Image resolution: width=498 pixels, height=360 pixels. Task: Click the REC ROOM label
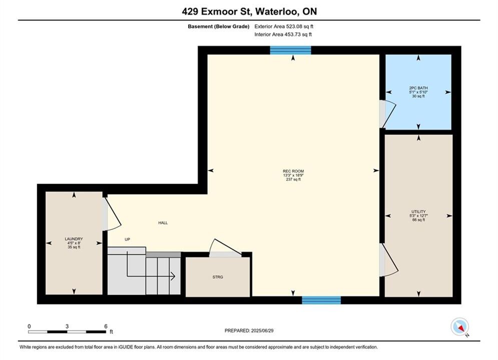click(293, 171)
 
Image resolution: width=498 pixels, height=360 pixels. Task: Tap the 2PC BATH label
click(418, 88)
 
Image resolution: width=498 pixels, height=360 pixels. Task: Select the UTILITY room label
click(418, 211)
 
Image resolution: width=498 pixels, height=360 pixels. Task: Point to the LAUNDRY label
click(74, 239)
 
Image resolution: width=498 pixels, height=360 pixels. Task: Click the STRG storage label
click(218, 277)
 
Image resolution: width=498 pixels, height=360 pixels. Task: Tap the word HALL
click(163, 222)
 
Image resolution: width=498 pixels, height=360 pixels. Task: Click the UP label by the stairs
click(127, 239)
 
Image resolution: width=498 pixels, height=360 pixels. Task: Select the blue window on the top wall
click(290, 50)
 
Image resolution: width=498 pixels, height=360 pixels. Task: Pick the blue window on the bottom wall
click(321, 300)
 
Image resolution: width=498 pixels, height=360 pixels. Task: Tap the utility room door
click(389, 259)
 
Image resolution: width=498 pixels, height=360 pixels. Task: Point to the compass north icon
click(459, 326)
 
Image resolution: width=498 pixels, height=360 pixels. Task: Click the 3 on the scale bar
click(67, 326)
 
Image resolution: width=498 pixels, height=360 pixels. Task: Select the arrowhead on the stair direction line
click(173, 276)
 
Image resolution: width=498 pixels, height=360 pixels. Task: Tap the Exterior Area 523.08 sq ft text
click(284, 26)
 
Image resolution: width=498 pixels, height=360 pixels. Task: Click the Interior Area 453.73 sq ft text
click(283, 34)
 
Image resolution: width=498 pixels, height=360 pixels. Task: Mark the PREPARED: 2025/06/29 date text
click(249, 330)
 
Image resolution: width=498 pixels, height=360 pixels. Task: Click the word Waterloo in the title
click(277, 11)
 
